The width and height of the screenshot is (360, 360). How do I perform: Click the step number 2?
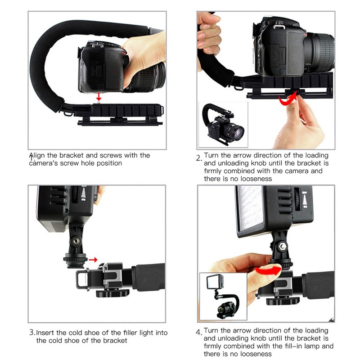point(198,158)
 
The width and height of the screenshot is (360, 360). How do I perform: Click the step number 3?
point(32,333)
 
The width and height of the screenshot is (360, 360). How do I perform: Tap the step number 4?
point(198,333)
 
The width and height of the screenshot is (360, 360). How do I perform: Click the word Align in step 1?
point(38,155)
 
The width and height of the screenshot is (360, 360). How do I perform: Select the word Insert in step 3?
point(46,333)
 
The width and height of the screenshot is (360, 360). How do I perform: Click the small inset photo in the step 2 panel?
point(223,124)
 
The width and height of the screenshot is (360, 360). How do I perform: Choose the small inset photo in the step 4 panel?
point(224,296)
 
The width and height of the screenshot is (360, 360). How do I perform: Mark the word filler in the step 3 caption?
point(125,333)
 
